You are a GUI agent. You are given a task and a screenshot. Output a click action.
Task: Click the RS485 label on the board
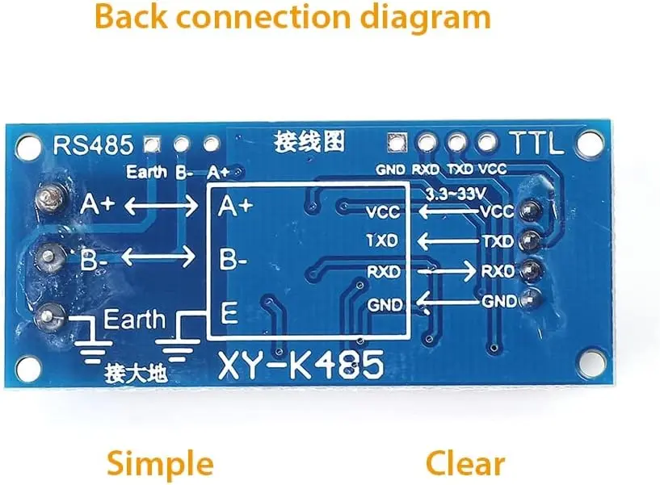(x=92, y=145)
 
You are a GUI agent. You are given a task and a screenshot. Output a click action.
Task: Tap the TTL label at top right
(x=535, y=144)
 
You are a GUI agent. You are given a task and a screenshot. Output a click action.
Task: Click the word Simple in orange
(x=161, y=464)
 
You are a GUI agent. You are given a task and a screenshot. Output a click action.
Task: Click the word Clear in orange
(x=465, y=464)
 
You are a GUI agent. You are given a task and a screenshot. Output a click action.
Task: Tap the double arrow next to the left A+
(x=160, y=206)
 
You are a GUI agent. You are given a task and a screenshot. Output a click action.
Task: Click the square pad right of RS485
(x=150, y=144)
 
